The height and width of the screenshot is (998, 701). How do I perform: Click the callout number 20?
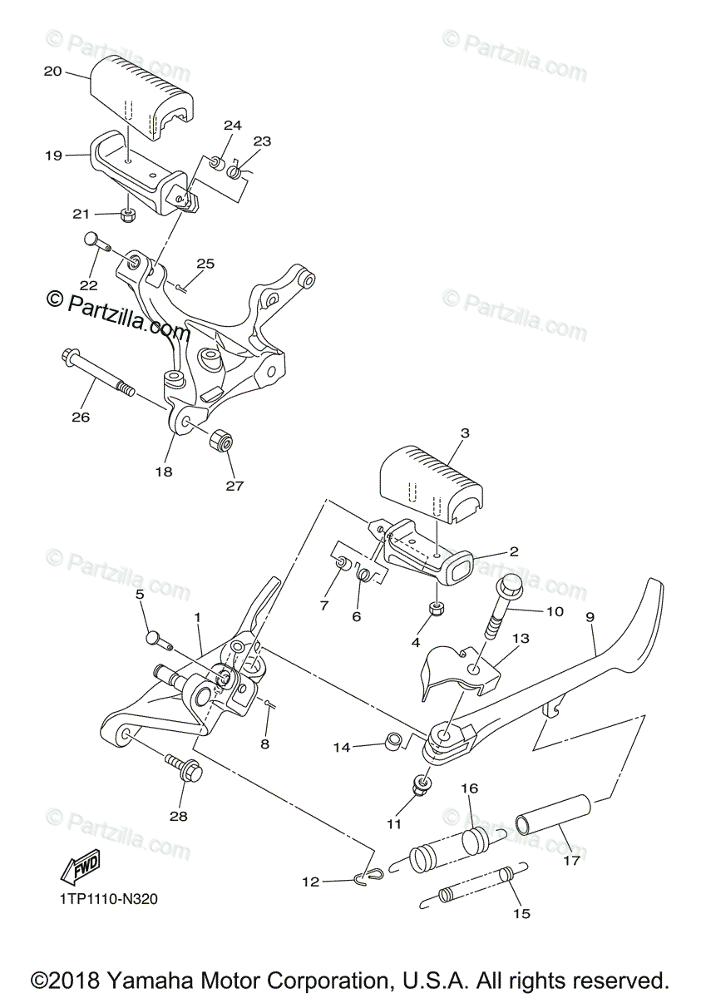[52, 72]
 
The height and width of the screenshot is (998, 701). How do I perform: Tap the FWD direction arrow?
[80, 868]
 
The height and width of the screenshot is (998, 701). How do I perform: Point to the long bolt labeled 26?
[96, 373]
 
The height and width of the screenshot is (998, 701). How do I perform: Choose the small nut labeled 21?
[128, 215]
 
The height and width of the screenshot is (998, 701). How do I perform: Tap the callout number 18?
[163, 471]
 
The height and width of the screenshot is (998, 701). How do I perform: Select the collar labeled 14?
[394, 740]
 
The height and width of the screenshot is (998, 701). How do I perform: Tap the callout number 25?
[205, 264]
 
